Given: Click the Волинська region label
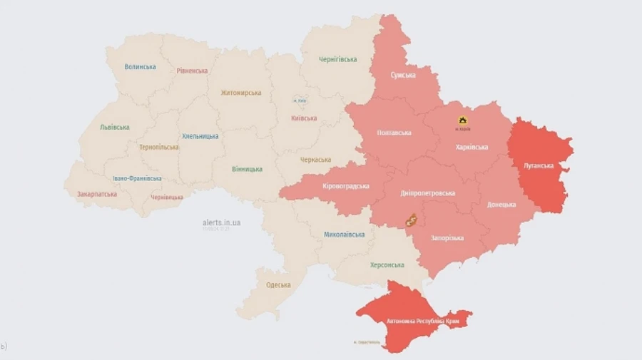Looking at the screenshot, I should (x=140, y=67).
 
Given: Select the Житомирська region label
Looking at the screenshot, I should (x=240, y=93).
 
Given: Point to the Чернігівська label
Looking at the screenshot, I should (x=337, y=59).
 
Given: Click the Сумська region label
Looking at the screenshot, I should (x=403, y=75).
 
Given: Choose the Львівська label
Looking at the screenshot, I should (x=114, y=127).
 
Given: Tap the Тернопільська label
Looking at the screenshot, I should (x=159, y=147).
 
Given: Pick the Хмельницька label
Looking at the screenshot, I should (x=200, y=135).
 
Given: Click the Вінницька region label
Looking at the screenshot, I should (x=247, y=169).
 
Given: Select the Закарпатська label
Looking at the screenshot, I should (x=96, y=193).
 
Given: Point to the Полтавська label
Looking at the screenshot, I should (x=394, y=133).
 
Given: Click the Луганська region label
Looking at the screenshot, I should (x=539, y=165).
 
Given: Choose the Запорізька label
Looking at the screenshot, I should (x=447, y=237).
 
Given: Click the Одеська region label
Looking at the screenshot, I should (x=277, y=285).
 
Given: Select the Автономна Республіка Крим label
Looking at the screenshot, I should (x=422, y=322).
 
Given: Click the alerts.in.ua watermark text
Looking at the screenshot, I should (x=221, y=222).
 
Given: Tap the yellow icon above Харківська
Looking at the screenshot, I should (x=463, y=120).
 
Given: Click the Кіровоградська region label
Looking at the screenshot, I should (x=345, y=186).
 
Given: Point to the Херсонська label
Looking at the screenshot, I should (x=387, y=264).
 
